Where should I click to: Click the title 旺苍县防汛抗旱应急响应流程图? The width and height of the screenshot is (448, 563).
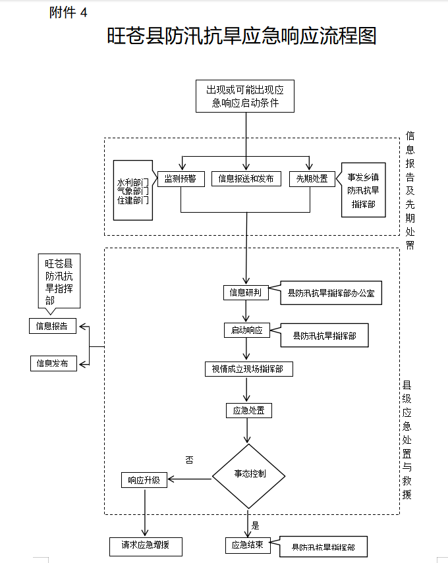tap(242, 36)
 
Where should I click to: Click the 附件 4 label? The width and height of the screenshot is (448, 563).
tap(68, 13)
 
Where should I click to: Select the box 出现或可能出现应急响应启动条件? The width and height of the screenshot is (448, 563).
tap(245, 96)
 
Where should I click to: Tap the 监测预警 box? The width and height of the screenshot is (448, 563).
tap(181, 178)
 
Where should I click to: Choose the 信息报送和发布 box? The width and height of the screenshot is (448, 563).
tap(246, 178)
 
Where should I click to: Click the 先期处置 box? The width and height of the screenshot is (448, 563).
tap(308, 178)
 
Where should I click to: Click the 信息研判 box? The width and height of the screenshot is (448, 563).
tap(246, 292)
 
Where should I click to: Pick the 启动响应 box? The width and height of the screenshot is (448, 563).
tap(246, 331)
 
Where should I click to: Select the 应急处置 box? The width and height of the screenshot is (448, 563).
tap(248, 411)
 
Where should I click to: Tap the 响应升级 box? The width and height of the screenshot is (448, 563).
tap(144, 480)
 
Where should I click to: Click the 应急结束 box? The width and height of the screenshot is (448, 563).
tap(248, 545)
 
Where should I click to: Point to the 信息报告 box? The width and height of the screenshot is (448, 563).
tap(53, 326)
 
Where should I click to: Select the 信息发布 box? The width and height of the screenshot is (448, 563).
tap(53, 363)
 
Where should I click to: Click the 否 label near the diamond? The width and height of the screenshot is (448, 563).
tap(190, 460)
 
